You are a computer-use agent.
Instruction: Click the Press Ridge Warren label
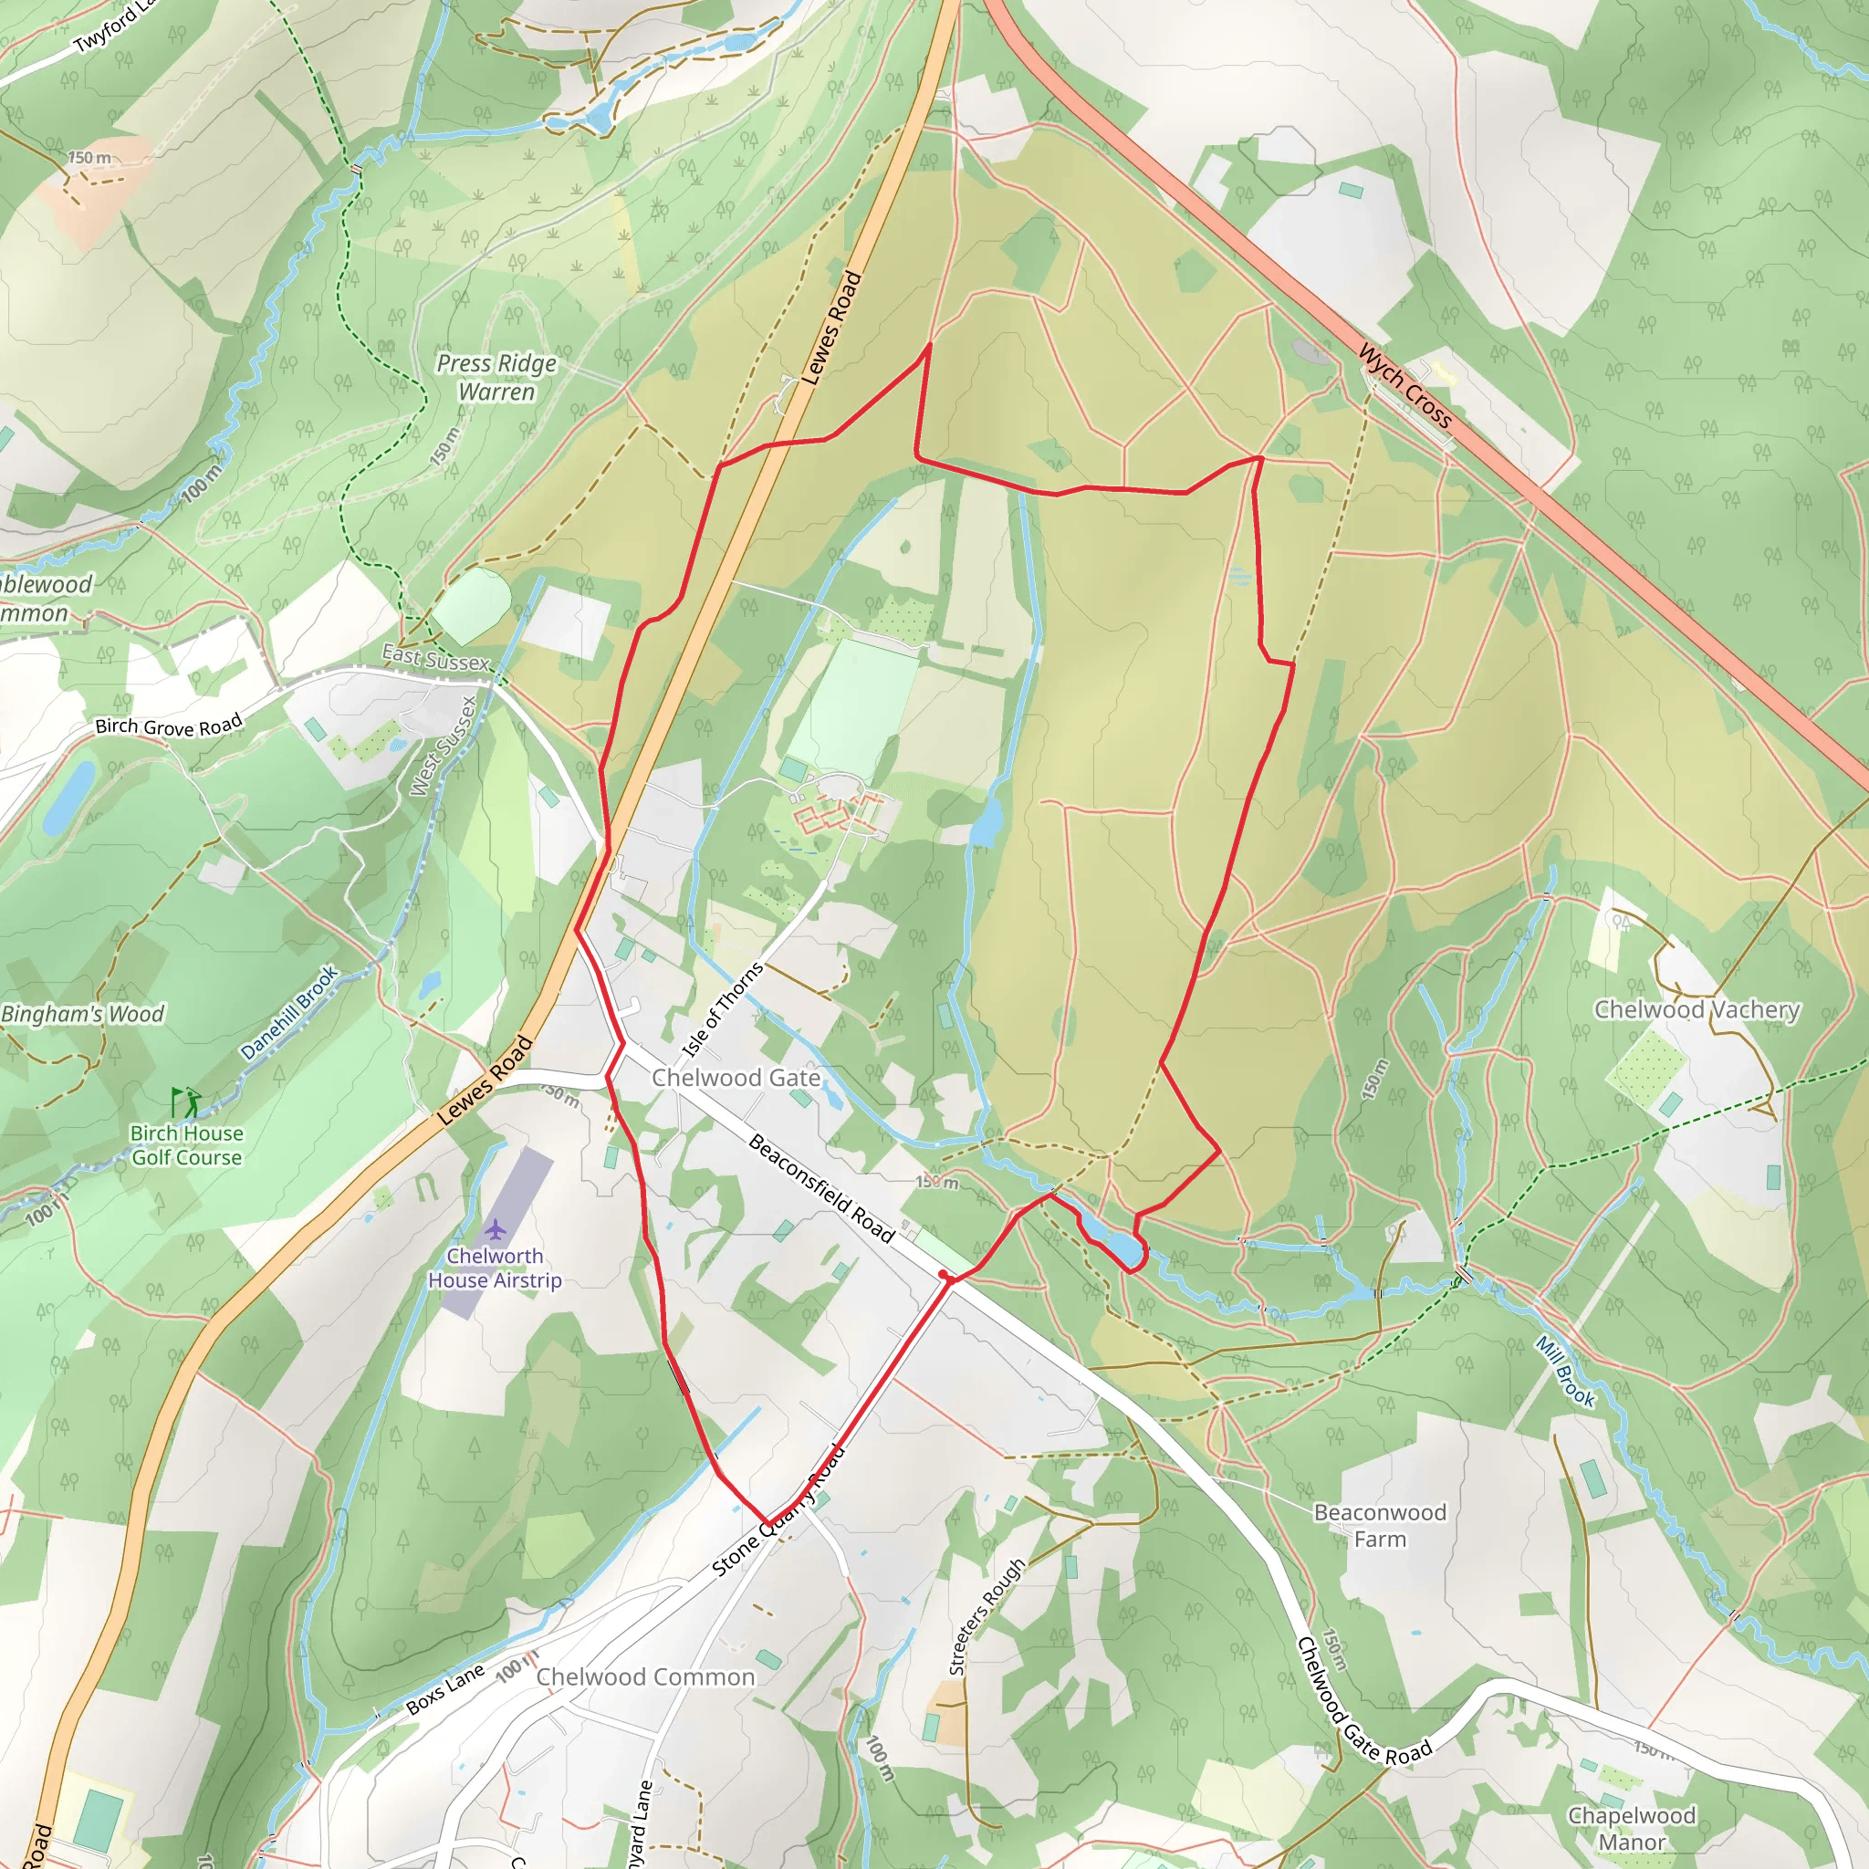tap(496, 377)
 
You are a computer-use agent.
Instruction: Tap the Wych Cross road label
tap(1404, 386)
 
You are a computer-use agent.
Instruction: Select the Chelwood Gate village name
tap(736, 1078)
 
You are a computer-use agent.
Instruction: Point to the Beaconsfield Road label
tap(821, 1188)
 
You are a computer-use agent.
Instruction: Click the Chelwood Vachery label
tap(1697, 1010)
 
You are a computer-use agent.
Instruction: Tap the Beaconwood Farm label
tap(1380, 1525)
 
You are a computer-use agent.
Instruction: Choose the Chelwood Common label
tap(645, 1676)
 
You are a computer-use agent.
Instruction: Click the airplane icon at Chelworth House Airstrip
tap(496, 1229)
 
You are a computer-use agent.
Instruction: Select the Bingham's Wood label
tap(83, 1014)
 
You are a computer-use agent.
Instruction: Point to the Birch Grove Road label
tap(168, 725)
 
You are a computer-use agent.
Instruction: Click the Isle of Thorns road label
tap(722, 1009)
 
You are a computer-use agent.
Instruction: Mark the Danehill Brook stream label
tap(289, 1013)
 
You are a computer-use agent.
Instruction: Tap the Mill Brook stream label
tap(1565, 1371)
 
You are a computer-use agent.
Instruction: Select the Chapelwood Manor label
tap(1631, 1828)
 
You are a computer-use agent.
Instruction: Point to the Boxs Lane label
tap(445, 1689)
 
